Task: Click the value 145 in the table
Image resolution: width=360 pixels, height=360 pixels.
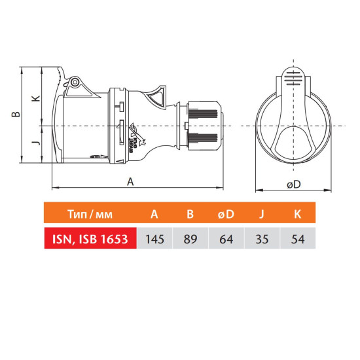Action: pyautogui.click(x=154, y=239)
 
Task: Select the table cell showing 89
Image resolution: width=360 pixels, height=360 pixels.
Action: pyautogui.click(x=190, y=239)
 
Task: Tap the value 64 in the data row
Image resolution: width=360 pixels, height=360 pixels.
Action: pyautogui.click(x=226, y=239)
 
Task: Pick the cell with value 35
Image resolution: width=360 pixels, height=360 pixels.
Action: pyautogui.click(x=262, y=239)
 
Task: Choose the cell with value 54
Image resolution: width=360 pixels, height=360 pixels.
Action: pyautogui.click(x=298, y=239)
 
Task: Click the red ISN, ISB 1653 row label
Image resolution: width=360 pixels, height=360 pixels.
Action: pyautogui.click(x=90, y=239)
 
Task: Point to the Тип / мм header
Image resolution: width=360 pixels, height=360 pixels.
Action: pyautogui.click(x=90, y=214)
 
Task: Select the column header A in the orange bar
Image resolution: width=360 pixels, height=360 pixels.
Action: pyautogui.click(x=154, y=214)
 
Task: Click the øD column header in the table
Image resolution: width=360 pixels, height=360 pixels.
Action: pyautogui.click(x=226, y=214)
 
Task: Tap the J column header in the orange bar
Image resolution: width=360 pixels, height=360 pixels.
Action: pyautogui.click(x=262, y=215)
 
